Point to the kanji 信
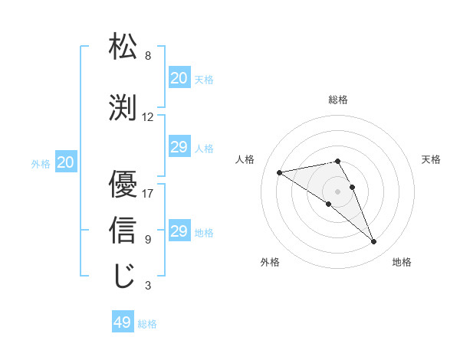(x=123, y=229)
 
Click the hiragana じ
(x=123, y=275)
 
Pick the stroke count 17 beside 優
(x=148, y=194)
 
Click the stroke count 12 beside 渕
(x=148, y=117)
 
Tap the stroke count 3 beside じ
(x=148, y=286)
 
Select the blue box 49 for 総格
(x=123, y=322)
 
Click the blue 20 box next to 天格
(x=179, y=78)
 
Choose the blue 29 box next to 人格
(x=179, y=147)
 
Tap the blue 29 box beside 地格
(x=179, y=231)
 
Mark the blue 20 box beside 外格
(x=66, y=162)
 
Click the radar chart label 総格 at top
(x=338, y=100)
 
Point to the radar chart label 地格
(x=402, y=262)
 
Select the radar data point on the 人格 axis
(x=280, y=172)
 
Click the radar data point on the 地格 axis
(x=374, y=242)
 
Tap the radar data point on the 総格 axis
(x=337, y=161)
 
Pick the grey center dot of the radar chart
(x=337, y=191)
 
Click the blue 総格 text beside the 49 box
(x=147, y=324)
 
